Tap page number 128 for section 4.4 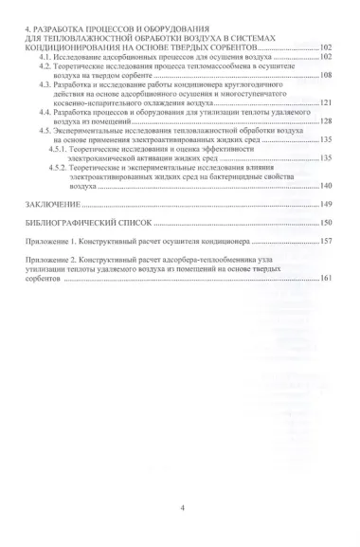326,121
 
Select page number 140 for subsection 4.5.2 326,186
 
